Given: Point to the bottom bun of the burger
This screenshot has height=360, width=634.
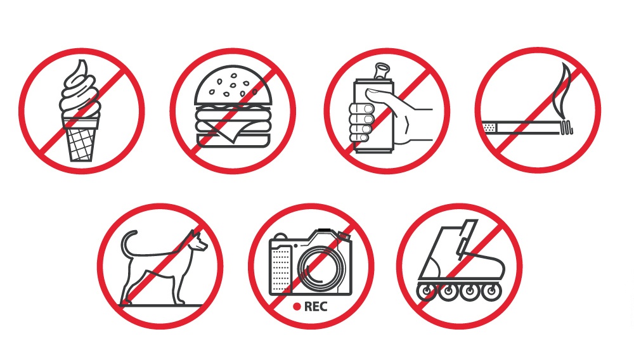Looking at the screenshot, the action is coord(233,140).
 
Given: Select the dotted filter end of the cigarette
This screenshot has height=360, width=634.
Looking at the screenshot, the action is coord(489,127).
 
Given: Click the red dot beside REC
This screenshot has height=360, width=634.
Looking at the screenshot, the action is coord(297,307).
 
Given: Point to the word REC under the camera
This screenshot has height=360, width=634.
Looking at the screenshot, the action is coord(315,307).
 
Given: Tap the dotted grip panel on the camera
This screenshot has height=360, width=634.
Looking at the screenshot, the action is coord(281,268).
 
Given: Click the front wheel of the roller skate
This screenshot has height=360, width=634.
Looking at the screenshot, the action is coord(492,291).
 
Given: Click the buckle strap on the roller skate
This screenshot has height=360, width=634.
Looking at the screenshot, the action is coord(465,239).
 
